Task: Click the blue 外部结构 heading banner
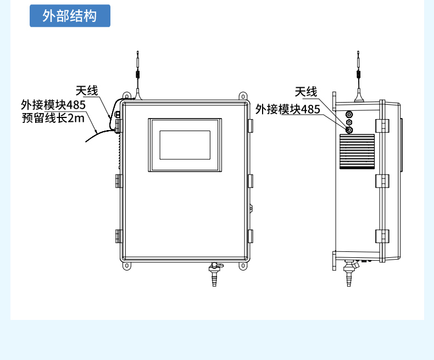(x=70, y=16)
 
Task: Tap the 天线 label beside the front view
(x=87, y=91)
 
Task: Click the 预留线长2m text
(x=53, y=118)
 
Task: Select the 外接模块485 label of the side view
(x=287, y=109)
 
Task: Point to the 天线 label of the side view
(x=306, y=92)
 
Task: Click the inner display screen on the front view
(x=185, y=145)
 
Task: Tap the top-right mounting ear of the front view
(x=243, y=96)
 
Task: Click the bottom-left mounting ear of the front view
(x=126, y=266)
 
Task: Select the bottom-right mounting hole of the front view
(x=243, y=266)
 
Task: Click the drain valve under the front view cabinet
(x=215, y=274)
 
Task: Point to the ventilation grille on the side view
(x=357, y=151)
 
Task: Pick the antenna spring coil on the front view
(x=137, y=75)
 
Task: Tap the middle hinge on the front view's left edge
(x=119, y=181)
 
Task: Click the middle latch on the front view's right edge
(x=251, y=181)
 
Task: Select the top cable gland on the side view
(x=349, y=114)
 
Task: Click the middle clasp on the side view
(x=382, y=181)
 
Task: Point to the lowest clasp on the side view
(x=382, y=237)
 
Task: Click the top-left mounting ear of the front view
(x=126, y=96)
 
